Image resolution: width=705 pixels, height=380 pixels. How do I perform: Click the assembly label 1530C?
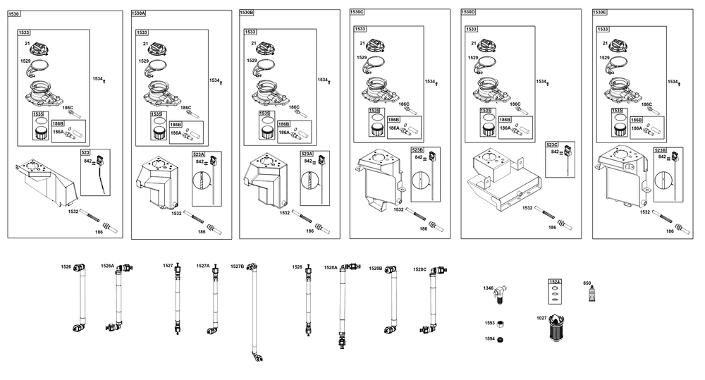357,12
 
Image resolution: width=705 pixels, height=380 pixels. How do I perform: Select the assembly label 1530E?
601,12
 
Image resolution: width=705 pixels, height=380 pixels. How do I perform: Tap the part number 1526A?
107,266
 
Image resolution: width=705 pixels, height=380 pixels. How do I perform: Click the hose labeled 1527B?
252,310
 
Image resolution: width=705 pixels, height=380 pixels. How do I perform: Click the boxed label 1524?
556,282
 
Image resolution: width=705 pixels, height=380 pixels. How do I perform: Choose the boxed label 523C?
551,145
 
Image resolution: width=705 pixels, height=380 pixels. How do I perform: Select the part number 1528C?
419,269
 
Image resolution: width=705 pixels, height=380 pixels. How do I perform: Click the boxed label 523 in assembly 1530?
85,152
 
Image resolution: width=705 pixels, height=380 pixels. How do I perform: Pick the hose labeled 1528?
308,300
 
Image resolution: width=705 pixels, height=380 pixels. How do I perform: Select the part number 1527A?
202,266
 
